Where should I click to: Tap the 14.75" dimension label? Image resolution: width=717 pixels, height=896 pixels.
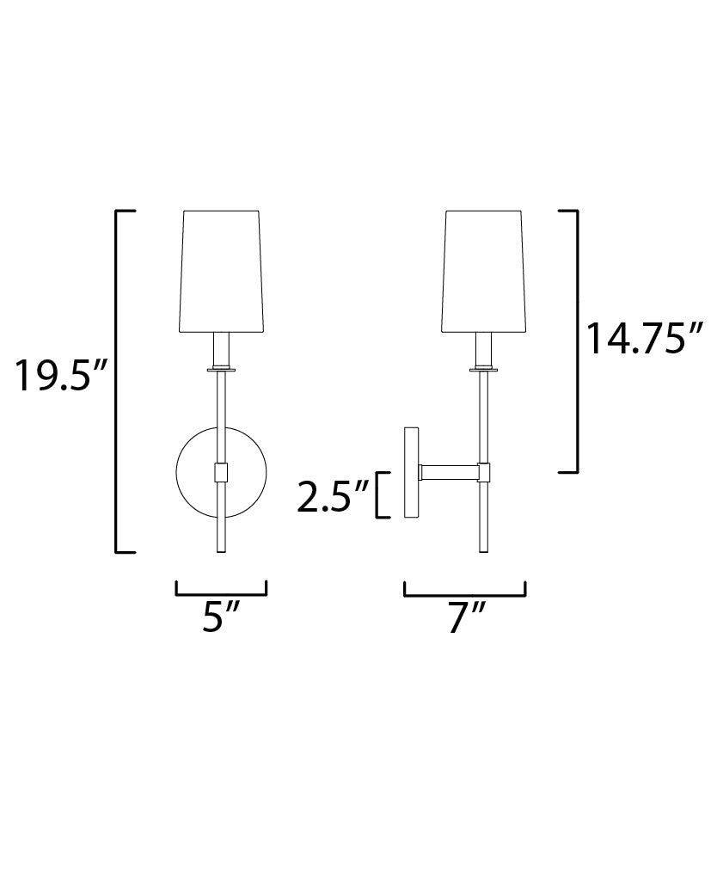pos(645,338)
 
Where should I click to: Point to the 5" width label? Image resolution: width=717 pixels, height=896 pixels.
pos(221,617)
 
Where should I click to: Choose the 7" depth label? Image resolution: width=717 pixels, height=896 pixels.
pos(465,617)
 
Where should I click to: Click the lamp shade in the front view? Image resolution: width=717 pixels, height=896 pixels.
pos(222,270)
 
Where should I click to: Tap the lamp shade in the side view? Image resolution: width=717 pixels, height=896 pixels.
pos(484,270)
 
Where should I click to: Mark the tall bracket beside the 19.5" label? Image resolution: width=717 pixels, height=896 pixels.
pos(118,380)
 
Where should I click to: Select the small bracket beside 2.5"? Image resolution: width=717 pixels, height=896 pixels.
pos(379,495)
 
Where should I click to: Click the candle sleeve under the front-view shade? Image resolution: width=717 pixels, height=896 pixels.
pos(222,349)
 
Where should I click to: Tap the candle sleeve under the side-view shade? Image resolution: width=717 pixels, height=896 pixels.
pos(484,349)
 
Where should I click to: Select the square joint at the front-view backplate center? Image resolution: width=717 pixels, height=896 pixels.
pos(222,472)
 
